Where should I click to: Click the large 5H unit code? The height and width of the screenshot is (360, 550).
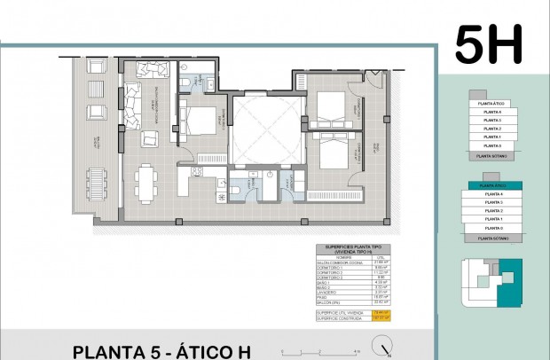point(489,43)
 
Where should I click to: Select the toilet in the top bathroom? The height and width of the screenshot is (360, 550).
point(183,82)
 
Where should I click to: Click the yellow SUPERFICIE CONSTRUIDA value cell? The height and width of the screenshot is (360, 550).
point(381,318)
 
